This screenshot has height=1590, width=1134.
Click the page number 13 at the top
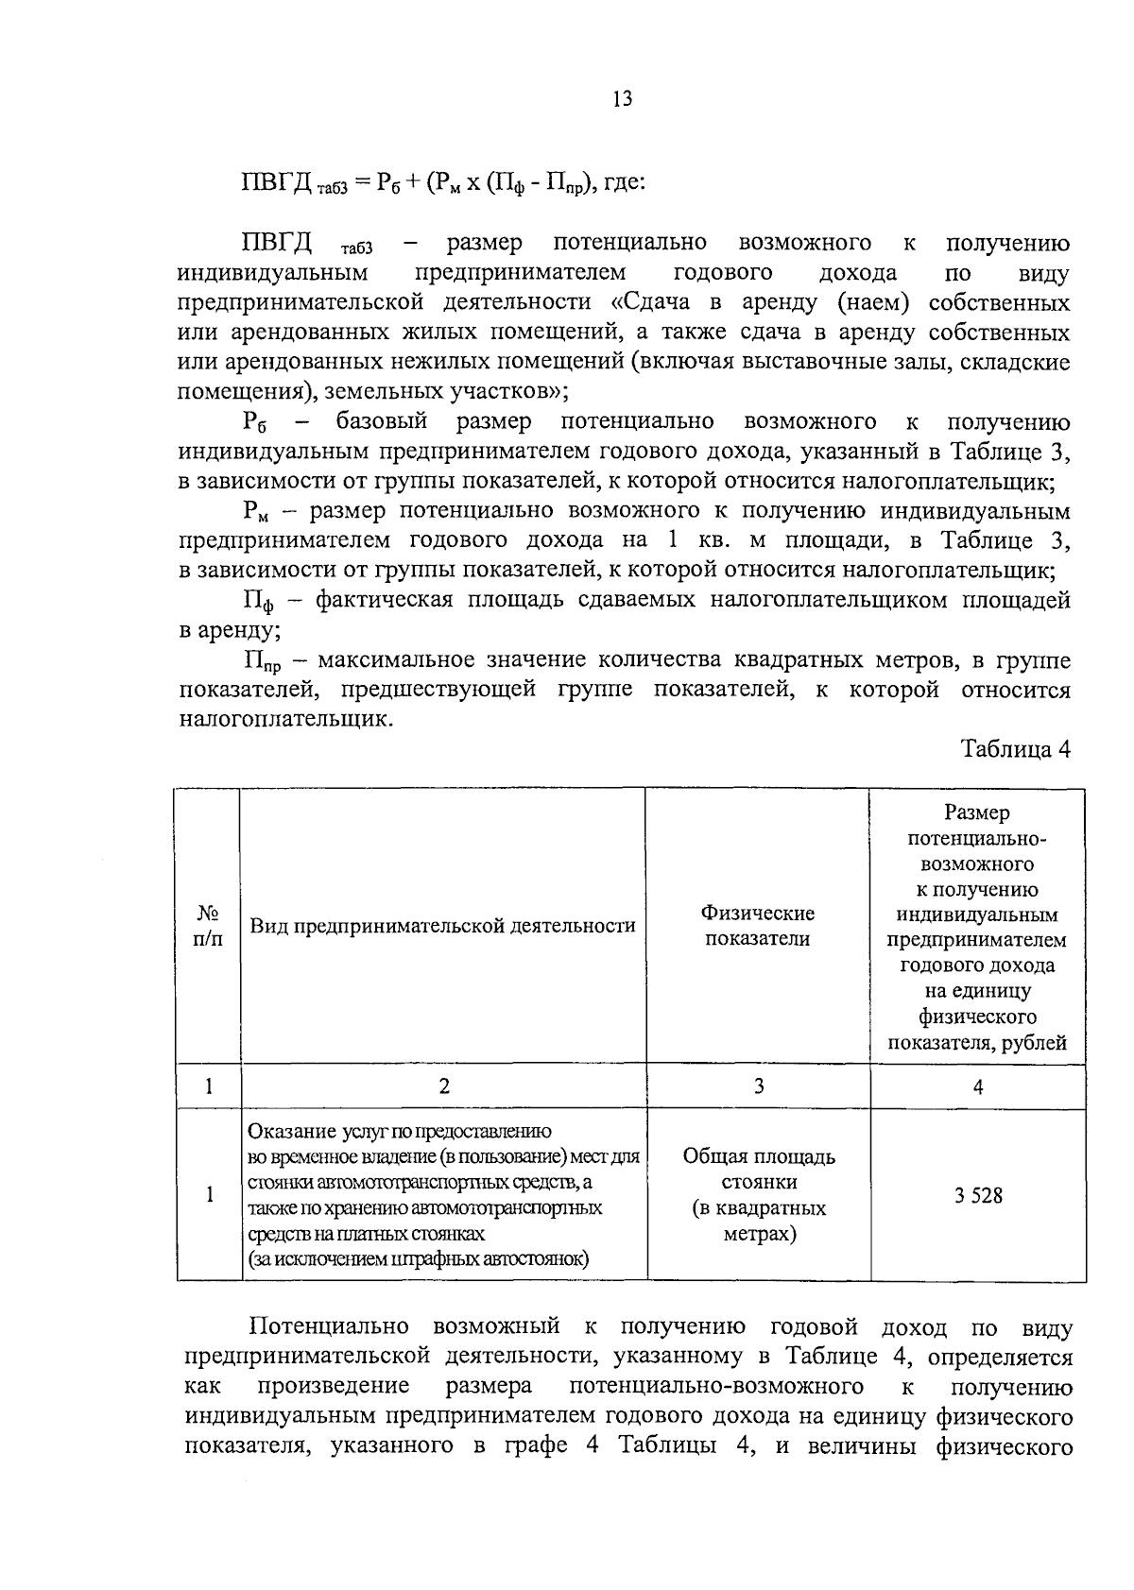(x=622, y=99)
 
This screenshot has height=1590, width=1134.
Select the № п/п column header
(x=208, y=927)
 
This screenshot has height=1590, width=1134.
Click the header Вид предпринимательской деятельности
(x=442, y=926)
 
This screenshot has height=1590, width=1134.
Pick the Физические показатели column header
(x=758, y=926)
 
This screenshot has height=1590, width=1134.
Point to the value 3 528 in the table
(x=978, y=1195)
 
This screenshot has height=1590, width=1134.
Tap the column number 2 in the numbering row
(x=444, y=1086)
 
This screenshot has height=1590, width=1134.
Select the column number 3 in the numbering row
(x=758, y=1086)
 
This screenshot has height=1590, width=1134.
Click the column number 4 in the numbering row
(x=978, y=1086)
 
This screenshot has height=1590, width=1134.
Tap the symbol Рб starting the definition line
(x=254, y=422)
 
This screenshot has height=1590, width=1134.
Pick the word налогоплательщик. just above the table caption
(x=284, y=720)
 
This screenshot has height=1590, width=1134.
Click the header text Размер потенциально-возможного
(x=977, y=838)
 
